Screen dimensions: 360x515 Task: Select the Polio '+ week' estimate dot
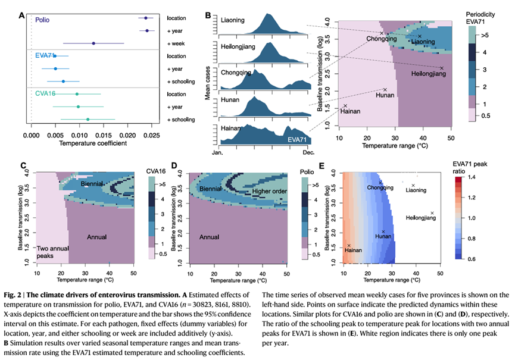[93, 43]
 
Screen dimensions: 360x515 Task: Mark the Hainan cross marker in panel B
[345, 106]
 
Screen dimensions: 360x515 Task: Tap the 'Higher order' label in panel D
[270, 192]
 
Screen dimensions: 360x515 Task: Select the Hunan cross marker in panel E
[384, 231]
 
